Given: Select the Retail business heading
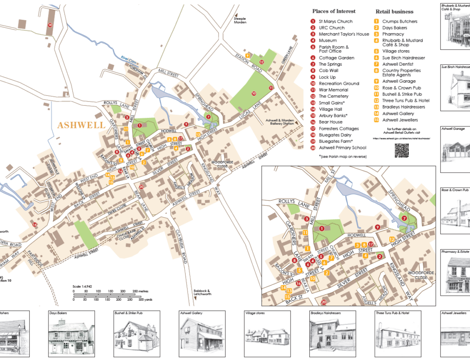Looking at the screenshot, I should (x=394, y=11).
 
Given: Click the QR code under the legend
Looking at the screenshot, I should (x=401, y=150).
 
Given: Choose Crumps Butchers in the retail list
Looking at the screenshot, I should (x=399, y=21).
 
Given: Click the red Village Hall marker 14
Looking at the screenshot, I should (x=34, y=225).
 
